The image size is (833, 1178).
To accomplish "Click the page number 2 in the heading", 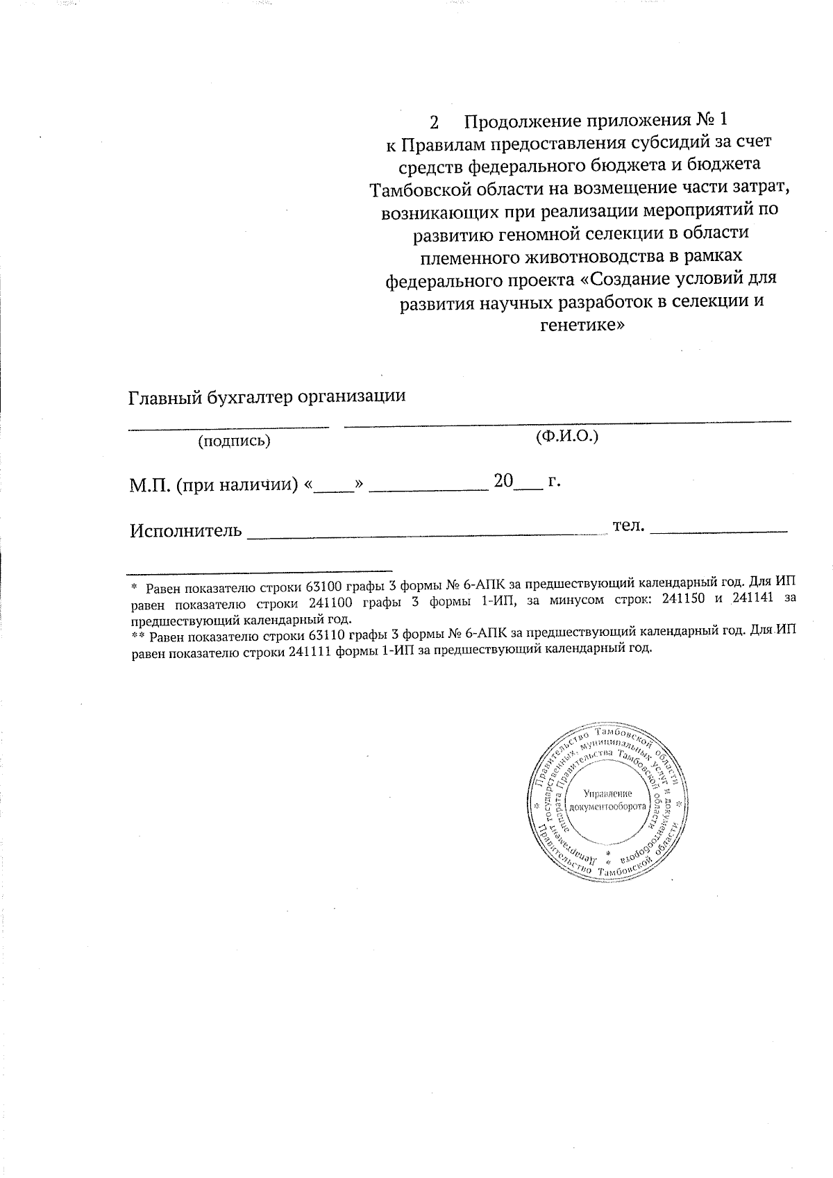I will tap(435, 123).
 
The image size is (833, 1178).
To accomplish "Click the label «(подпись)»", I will tap(234, 441).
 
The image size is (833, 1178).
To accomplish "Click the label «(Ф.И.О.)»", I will tap(567, 437).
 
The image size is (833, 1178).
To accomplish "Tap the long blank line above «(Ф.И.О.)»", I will tap(567, 421).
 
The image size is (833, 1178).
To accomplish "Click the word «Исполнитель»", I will tap(186, 532).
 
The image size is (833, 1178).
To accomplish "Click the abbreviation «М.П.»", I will tap(149, 485).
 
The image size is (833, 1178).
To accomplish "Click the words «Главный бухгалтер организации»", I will tap(267, 397).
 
